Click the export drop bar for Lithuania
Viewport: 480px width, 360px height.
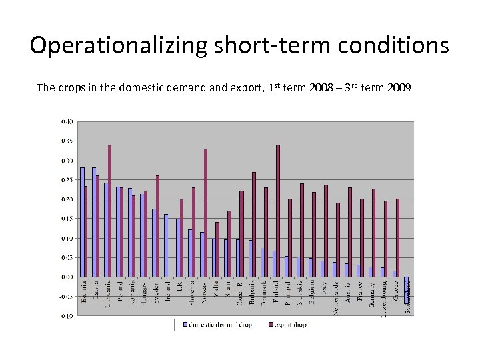[x=109, y=210]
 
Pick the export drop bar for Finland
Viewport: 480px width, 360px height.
[x=277, y=210]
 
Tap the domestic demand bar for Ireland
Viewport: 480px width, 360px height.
[x=166, y=245]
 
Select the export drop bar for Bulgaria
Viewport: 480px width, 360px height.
[x=253, y=224]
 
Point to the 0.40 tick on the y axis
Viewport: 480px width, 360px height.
[x=67, y=122]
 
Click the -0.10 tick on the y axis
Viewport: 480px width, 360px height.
[x=67, y=315]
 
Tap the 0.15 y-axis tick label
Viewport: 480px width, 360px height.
[x=67, y=219]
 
